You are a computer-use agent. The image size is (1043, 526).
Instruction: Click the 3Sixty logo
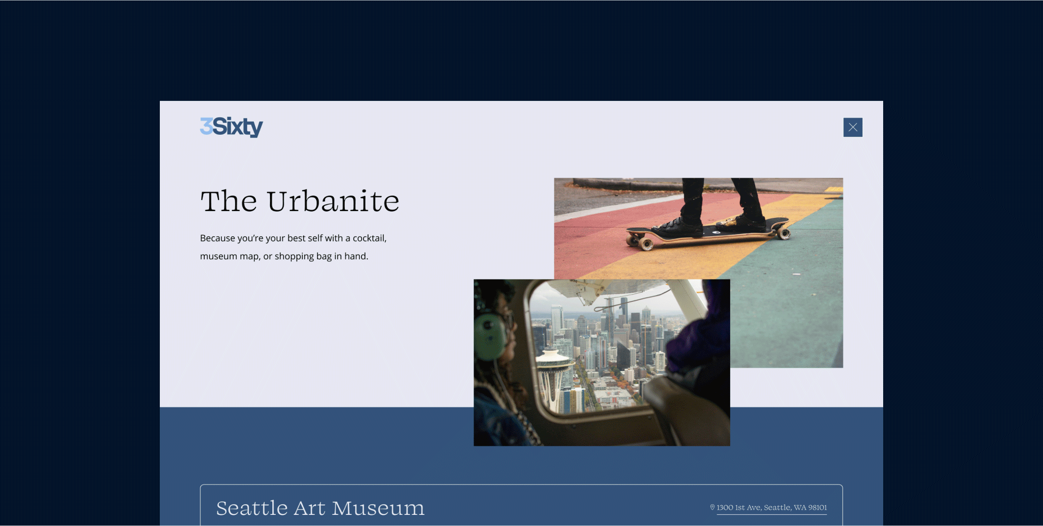(x=231, y=127)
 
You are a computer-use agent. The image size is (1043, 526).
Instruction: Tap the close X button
(x=853, y=128)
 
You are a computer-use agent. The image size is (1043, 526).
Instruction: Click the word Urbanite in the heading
(x=333, y=201)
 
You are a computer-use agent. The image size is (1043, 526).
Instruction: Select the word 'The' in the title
(x=229, y=201)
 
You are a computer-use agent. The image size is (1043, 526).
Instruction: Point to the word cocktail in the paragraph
(x=369, y=238)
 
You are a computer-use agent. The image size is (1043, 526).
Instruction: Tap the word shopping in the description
(x=294, y=256)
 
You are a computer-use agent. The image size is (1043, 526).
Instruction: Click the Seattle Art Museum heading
(x=320, y=508)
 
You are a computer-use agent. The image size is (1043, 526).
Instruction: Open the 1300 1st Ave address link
(x=772, y=508)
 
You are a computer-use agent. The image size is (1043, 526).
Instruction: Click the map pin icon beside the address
(x=712, y=507)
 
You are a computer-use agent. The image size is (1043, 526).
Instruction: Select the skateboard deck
(x=707, y=232)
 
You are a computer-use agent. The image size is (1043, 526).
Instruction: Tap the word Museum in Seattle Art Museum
(x=379, y=508)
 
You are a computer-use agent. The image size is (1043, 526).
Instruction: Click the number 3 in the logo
(x=206, y=126)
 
